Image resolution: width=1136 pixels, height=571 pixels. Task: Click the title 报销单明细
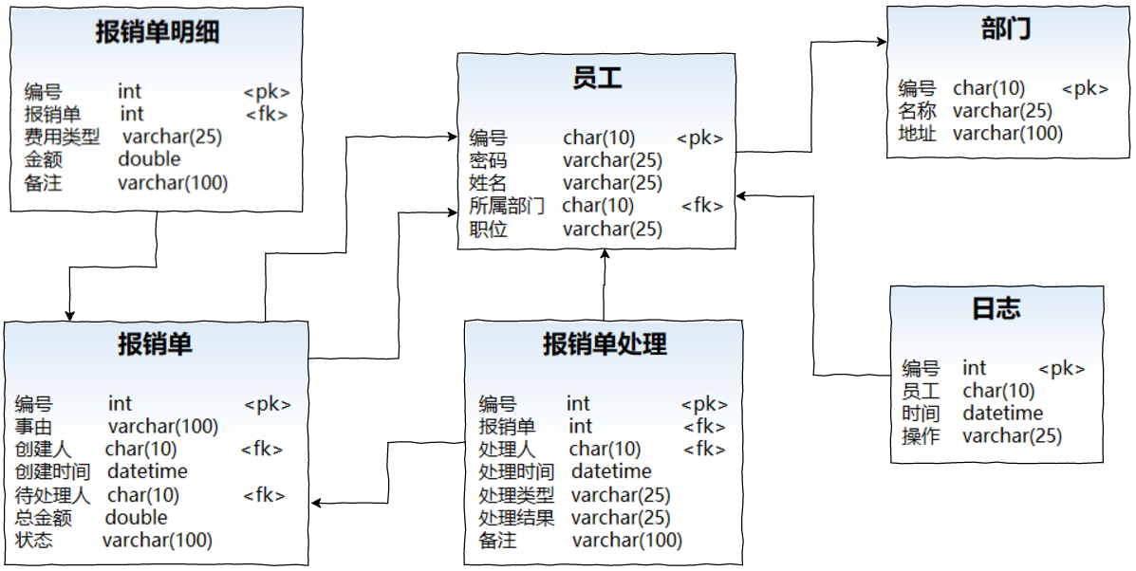(158, 33)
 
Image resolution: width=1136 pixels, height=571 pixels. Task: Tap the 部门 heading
(1006, 29)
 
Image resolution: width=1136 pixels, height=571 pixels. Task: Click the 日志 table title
(996, 308)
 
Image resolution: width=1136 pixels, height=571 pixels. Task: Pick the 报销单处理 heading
(604, 343)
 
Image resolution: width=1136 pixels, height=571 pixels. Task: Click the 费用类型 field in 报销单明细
(62, 137)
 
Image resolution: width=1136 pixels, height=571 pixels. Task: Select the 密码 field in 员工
(488, 160)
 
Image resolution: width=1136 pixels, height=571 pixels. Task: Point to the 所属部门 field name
(507, 206)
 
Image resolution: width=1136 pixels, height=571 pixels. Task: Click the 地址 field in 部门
(917, 134)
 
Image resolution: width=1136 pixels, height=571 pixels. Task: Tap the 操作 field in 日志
(920, 436)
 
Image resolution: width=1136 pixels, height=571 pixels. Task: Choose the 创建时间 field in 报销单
(52, 471)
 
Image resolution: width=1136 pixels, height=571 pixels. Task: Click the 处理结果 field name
(516, 518)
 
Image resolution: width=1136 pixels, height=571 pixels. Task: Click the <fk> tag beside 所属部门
(702, 206)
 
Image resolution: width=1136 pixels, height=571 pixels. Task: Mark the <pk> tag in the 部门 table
(1085, 88)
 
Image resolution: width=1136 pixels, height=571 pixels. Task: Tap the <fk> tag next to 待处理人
(264, 495)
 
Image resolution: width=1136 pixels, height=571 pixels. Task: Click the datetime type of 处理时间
(611, 471)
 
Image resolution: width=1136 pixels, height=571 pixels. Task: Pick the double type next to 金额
(149, 159)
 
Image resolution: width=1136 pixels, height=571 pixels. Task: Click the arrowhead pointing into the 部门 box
(881, 41)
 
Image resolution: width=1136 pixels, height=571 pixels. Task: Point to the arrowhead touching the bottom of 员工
(604, 255)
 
